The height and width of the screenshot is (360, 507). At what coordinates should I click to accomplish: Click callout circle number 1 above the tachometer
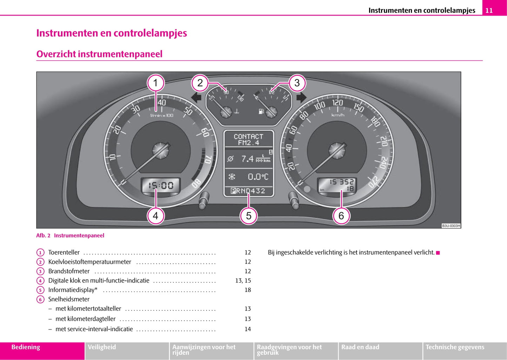tap(155, 83)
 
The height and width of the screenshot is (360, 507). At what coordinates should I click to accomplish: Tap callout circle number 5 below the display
tap(248, 215)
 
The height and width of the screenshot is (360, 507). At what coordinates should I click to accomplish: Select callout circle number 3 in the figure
tap(297, 83)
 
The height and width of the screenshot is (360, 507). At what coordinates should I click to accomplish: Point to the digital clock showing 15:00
tap(161, 185)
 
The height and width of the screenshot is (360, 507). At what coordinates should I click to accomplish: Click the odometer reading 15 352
tap(341, 182)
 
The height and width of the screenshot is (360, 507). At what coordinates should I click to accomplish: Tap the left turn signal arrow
tap(196, 97)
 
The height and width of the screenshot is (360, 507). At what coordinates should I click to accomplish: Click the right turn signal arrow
tap(301, 97)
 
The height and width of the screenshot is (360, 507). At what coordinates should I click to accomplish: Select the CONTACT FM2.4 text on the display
tap(248, 139)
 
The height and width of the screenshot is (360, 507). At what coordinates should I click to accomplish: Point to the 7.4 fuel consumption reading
tap(247, 159)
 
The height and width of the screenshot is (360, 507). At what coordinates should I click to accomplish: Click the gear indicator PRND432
tap(248, 191)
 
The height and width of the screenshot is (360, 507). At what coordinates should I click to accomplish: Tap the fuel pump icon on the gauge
tap(261, 112)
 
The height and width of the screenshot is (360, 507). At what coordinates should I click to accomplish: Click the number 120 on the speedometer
tap(338, 102)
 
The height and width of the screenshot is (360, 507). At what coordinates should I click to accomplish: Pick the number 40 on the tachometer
tap(162, 102)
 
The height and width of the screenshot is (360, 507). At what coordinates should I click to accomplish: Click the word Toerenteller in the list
tap(64, 252)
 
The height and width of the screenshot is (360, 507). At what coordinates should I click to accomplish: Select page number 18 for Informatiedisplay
tap(248, 290)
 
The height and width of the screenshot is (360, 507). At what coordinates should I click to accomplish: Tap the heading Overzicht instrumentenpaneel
tap(99, 54)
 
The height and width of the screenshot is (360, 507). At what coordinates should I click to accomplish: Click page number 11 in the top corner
tap(489, 11)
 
